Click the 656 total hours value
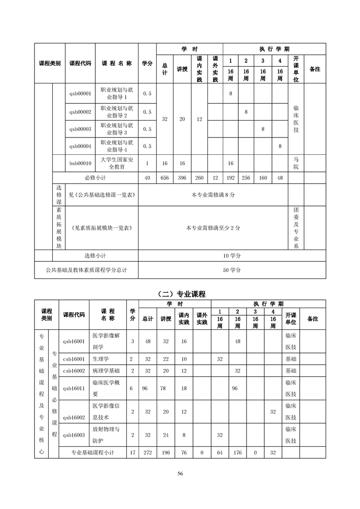165,178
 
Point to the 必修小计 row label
95,178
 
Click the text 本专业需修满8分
213,195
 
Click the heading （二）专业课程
180,294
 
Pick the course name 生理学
100,359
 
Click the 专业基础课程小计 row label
93,452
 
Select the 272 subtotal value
148,452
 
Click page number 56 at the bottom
180,474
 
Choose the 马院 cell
296,163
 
